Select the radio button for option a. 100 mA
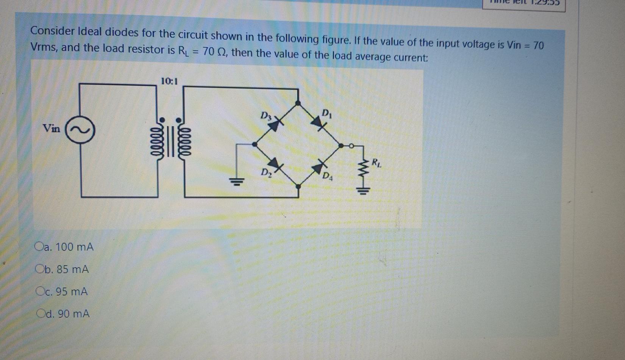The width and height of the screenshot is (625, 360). coord(39,247)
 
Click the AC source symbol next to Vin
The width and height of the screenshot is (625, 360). coord(80,130)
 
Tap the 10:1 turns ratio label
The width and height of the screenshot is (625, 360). coord(169,81)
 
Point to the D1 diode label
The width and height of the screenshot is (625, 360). coord(326,113)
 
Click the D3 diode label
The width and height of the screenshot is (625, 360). coord(266,115)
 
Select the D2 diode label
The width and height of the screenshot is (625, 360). coord(266,173)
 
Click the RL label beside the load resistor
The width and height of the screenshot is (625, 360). coord(377,164)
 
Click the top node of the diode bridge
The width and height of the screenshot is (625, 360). coord(298,103)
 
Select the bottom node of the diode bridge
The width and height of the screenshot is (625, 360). coord(298,186)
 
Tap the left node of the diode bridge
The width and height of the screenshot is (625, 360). coord(255,144)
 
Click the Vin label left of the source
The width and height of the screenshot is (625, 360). coord(52,128)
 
